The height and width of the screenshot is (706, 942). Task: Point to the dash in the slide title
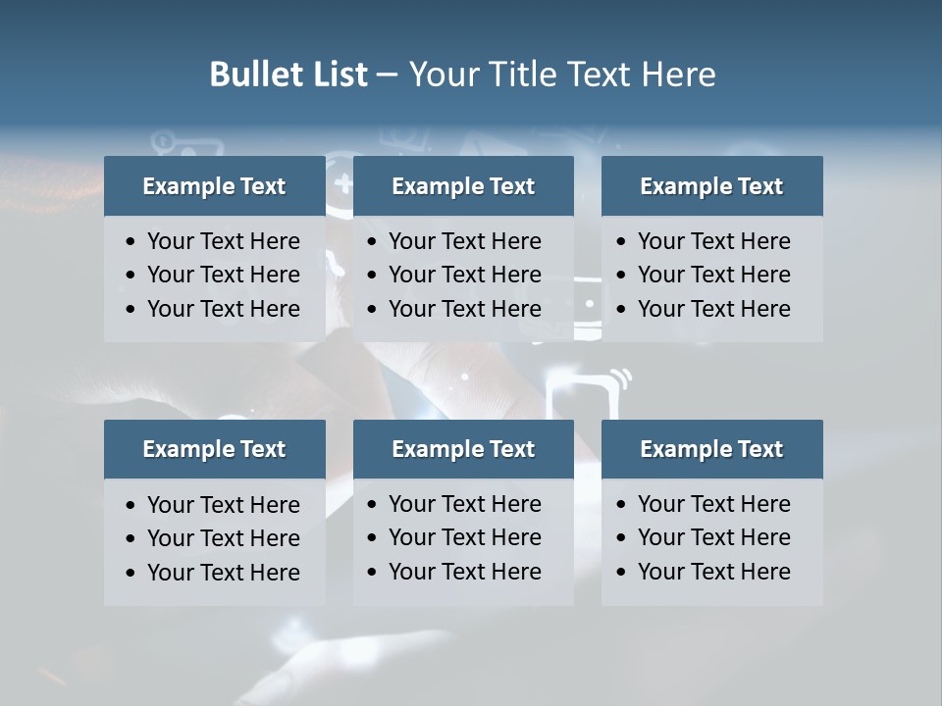pos(387,76)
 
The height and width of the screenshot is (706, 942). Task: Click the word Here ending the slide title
pos(678,75)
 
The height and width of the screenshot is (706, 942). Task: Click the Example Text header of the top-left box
pos(214,186)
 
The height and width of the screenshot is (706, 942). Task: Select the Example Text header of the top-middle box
pos(463,186)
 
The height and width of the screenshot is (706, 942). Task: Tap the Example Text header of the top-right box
pos(711,186)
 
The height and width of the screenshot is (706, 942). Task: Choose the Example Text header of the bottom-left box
pos(214,449)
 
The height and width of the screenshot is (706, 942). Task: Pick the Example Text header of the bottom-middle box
pos(463,449)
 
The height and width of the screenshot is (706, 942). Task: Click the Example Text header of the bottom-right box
pos(711,449)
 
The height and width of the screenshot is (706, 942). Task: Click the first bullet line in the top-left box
pos(223,241)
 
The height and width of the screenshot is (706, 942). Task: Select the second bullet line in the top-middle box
pos(464,275)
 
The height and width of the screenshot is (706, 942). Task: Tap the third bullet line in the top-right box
pos(713,309)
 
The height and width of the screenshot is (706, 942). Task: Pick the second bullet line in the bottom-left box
pos(223,538)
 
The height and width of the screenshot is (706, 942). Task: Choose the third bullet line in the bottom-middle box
pos(464,572)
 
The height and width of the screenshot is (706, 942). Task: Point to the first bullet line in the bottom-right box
pos(713,504)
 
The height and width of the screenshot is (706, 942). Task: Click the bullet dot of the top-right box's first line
pos(621,242)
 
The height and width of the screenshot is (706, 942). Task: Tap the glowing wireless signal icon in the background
pos(620,378)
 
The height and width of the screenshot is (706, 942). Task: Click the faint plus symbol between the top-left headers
pos(341,182)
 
